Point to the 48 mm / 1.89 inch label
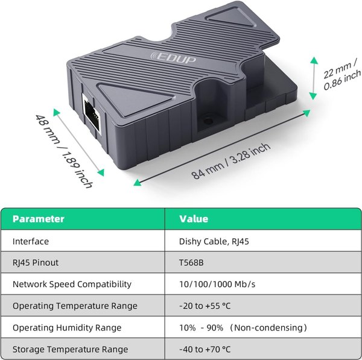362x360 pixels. point(63,151)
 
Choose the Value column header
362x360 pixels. point(194,219)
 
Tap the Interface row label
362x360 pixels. point(31,241)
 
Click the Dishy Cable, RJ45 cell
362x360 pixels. point(214,241)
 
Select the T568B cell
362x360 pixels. point(192,263)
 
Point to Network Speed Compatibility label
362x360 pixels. point(72,284)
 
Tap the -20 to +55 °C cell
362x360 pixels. point(205,306)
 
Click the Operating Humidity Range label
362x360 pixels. point(66,327)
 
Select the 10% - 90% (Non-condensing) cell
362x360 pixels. point(243,327)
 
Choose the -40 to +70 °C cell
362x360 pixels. point(205,349)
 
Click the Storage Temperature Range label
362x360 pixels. point(70,349)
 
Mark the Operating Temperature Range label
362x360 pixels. point(74,306)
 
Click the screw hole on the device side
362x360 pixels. point(208,120)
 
